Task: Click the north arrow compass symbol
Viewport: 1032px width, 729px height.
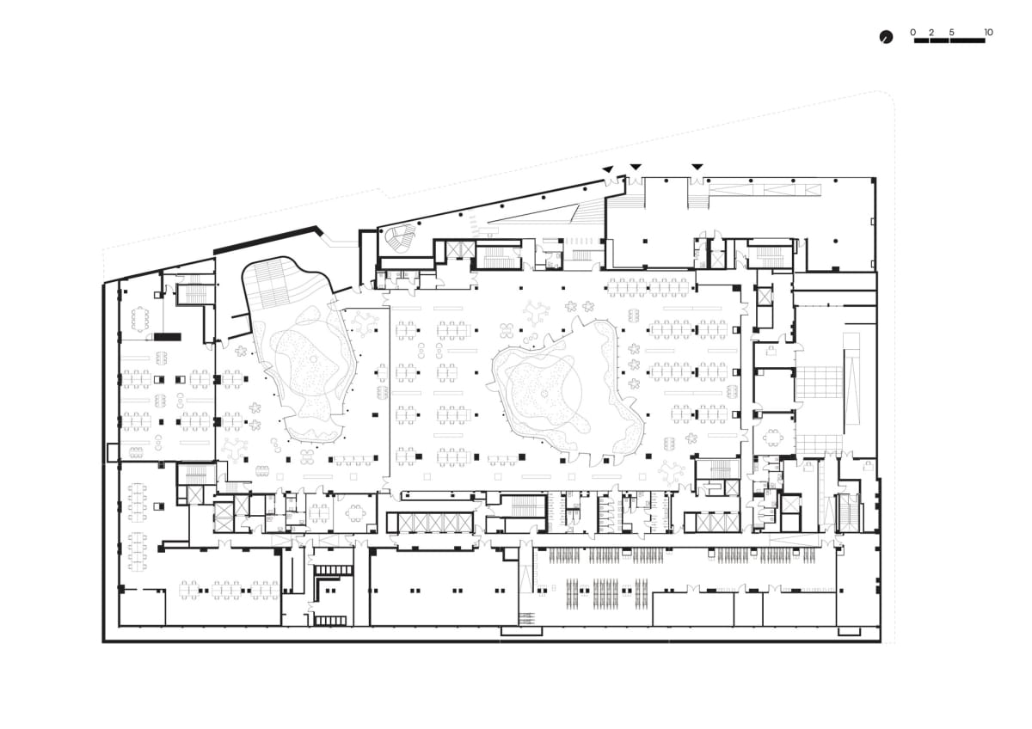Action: pyautogui.click(x=886, y=37)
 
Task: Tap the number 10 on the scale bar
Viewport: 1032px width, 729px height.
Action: pyautogui.click(x=988, y=32)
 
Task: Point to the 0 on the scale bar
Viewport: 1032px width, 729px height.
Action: pyautogui.click(x=913, y=32)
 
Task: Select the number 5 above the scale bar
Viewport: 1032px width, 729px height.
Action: pyautogui.click(x=952, y=32)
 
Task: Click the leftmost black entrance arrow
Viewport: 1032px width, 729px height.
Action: pyautogui.click(x=608, y=169)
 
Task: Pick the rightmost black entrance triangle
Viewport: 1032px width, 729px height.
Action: pyautogui.click(x=697, y=166)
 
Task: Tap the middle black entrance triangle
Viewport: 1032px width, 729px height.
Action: pyautogui.click(x=636, y=166)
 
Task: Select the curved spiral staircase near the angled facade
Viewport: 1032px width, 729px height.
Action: pyautogui.click(x=400, y=238)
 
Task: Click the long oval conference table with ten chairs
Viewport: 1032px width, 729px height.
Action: pyautogui.click(x=140, y=318)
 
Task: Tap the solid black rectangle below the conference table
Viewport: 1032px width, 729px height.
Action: pyautogui.click(x=167, y=337)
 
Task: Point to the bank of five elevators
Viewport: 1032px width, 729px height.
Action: pyautogui.click(x=435, y=523)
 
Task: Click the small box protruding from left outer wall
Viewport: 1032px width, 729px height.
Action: pyautogui.click(x=113, y=452)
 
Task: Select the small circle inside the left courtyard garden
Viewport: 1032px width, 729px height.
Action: pyautogui.click(x=314, y=358)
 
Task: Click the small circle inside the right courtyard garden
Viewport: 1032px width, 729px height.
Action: pyautogui.click(x=544, y=393)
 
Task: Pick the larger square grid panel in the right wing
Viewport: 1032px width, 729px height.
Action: pyautogui.click(x=820, y=383)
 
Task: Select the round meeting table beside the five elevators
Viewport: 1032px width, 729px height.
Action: pyautogui.click(x=355, y=512)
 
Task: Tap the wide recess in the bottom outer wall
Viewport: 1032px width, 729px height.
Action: pyautogui.click(x=521, y=631)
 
